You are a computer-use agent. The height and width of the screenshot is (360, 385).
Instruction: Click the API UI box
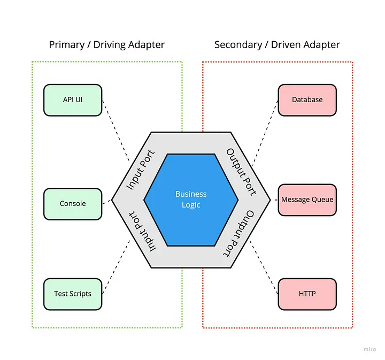click(72, 99)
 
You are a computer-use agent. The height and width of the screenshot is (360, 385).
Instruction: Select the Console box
click(72, 204)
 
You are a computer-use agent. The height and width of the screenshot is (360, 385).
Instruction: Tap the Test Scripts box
click(72, 294)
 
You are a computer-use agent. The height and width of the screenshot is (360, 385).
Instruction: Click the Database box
click(307, 99)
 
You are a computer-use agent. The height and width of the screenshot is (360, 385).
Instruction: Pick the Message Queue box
click(307, 200)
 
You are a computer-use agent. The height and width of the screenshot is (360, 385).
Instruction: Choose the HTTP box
click(307, 294)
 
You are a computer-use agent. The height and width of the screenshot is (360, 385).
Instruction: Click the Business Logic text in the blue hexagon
click(191, 200)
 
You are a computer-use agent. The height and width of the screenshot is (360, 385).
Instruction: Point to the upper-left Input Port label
click(140, 170)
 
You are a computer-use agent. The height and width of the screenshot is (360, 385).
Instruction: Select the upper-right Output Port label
click(241, 172)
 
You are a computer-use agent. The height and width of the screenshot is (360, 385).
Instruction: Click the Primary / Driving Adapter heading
click(107, 44)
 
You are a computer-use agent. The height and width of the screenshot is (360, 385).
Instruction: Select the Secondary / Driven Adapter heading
click(277, 44)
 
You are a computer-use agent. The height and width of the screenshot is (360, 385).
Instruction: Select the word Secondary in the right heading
click(236, 44)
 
